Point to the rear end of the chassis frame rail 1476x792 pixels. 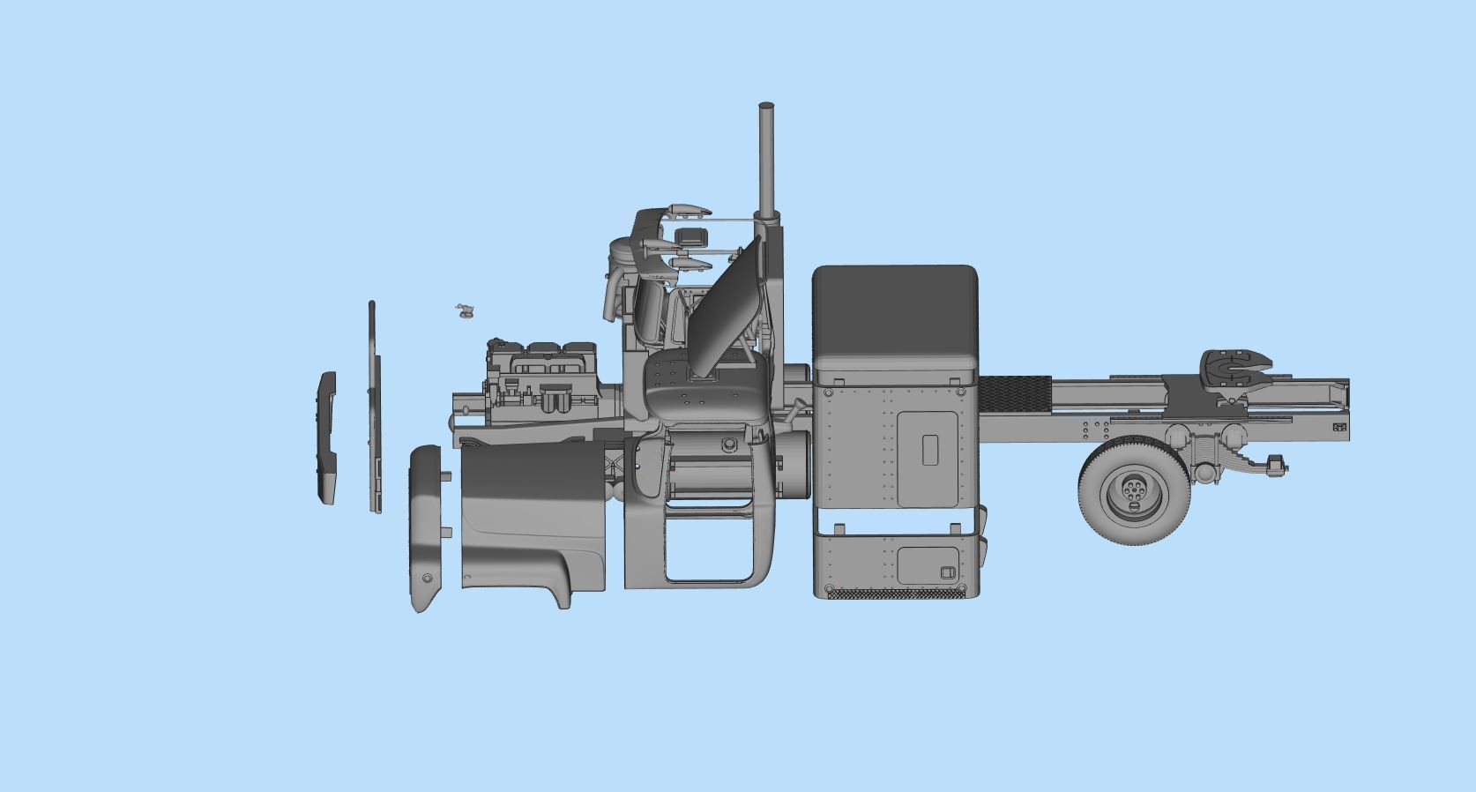1340,415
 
